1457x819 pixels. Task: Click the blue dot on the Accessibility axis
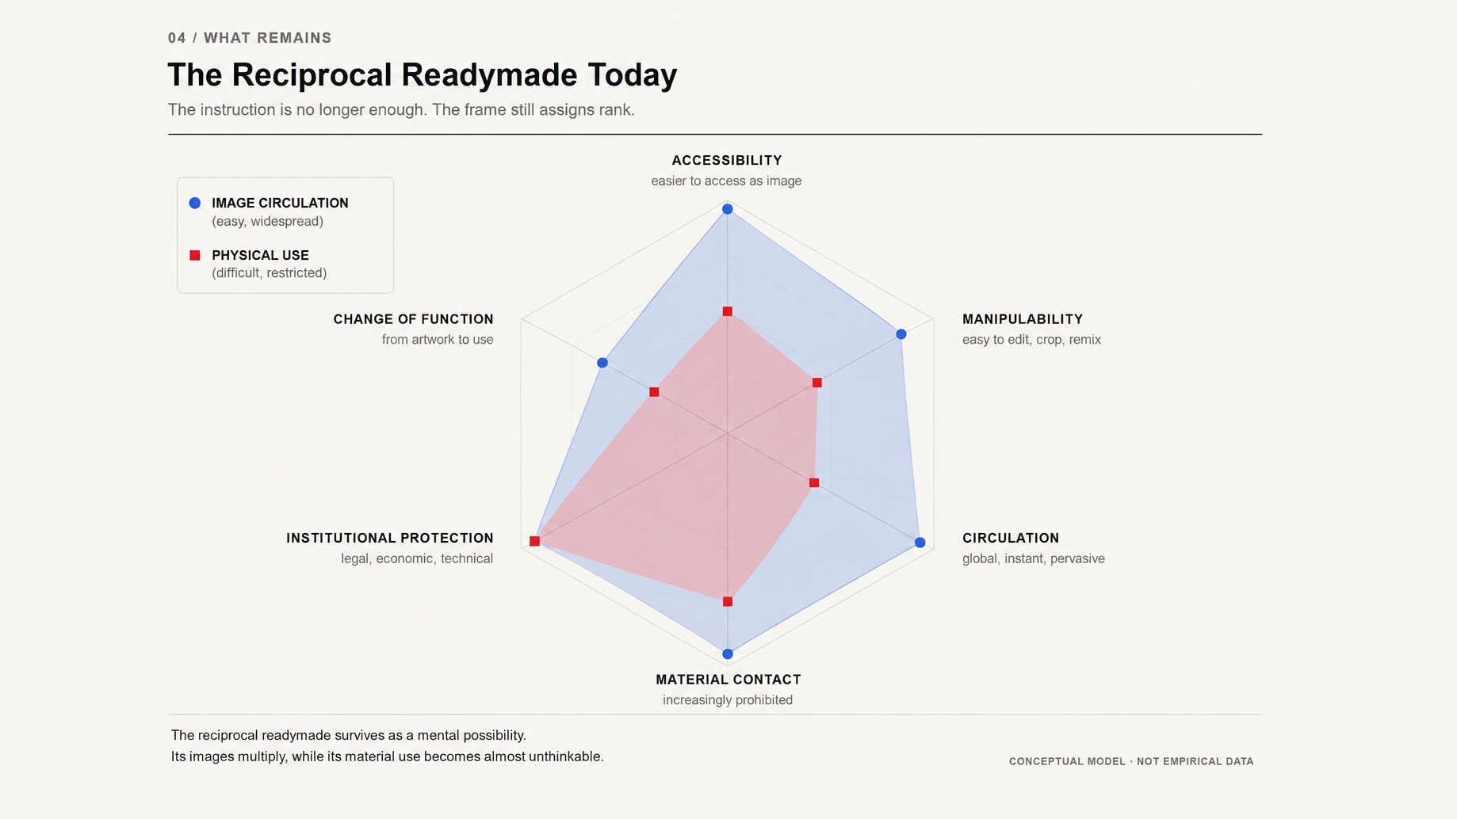tap(727, 209)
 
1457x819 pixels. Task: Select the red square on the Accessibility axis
tap(727, 311)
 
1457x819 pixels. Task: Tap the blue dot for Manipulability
tap(901, 334)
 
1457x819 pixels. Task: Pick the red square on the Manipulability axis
tap(816, 383)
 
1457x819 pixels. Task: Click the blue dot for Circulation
tap(920, 543)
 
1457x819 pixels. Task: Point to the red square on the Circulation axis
tap(813, 482)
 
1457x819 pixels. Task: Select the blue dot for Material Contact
tap(728, 654)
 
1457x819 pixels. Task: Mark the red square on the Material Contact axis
tap(728, 602)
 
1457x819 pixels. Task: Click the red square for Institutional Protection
tap(534, 541)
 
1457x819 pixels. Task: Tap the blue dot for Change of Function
tap(602, 363)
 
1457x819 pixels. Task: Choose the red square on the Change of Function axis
tap(654, 392)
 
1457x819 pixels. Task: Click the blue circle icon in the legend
tap(195, 203)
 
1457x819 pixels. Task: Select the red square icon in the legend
tap(195, 255)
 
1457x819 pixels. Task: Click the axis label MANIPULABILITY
tap(1023, 319)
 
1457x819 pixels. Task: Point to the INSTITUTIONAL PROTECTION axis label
tap(390, 538)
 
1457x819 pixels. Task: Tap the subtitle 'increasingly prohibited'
tap(728, 700)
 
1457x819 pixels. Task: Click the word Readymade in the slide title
tap(490, 75)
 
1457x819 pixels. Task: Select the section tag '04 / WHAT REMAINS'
tap(250, 38)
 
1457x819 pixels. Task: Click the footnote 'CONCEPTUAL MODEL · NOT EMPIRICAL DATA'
tap(1131, 761)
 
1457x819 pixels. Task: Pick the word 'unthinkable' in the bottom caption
tap(566, 756)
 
